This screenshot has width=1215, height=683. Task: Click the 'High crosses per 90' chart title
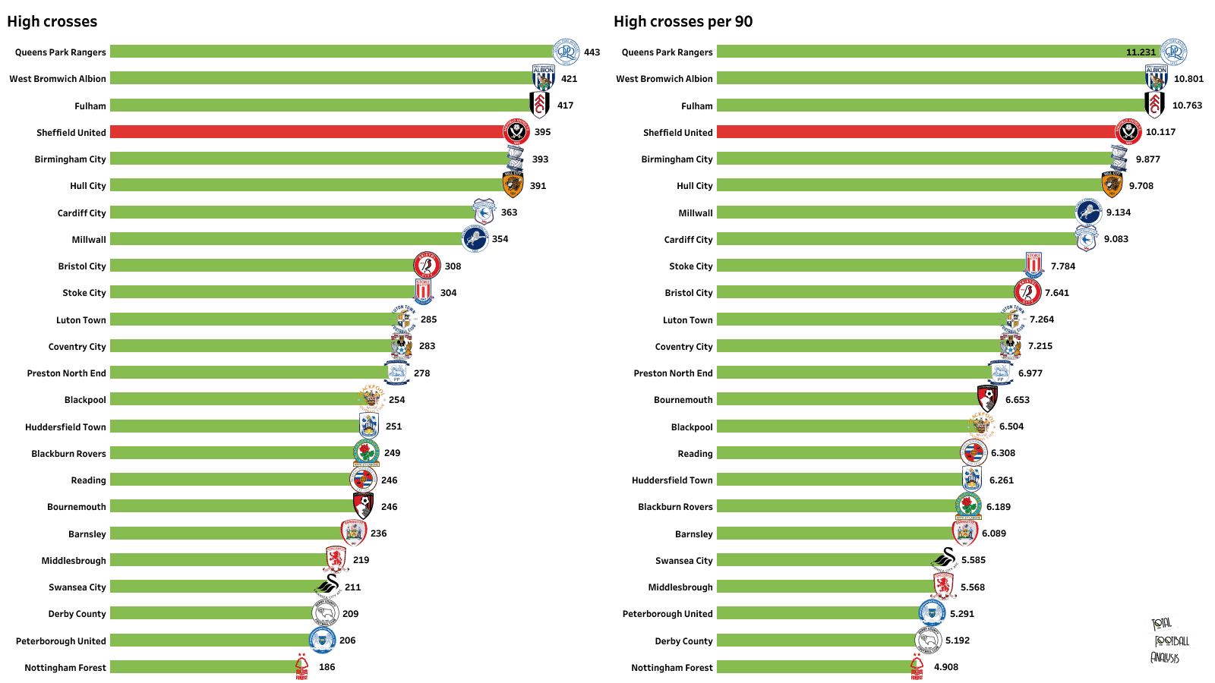(x=683, y=21)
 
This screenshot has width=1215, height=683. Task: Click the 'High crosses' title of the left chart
(x=52, y=21)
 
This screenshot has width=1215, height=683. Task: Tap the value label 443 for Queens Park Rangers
(x=592, y=52)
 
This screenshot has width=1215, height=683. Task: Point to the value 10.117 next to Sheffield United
(x=1160, y=132)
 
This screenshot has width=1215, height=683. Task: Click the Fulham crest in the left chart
(x=540, y=105)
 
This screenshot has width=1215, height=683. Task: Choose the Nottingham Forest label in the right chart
(x=671, y=668)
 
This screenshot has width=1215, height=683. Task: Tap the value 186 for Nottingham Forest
(x=327, y=667)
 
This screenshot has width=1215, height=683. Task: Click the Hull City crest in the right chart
(x=1112, y=184)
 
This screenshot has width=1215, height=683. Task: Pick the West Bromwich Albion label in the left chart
(x=58, y=79)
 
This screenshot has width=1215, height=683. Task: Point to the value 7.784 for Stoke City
(x=1063, y=266)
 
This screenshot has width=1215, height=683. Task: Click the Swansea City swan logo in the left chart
(x=329, y=586)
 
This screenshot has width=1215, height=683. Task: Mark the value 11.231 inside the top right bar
(x=1141, y=52)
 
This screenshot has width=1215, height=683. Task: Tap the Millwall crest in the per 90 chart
(x=1088, y=212)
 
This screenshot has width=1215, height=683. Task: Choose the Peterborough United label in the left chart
(x=61, y=641)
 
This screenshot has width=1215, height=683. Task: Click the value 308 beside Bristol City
(x=453, y=266)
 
